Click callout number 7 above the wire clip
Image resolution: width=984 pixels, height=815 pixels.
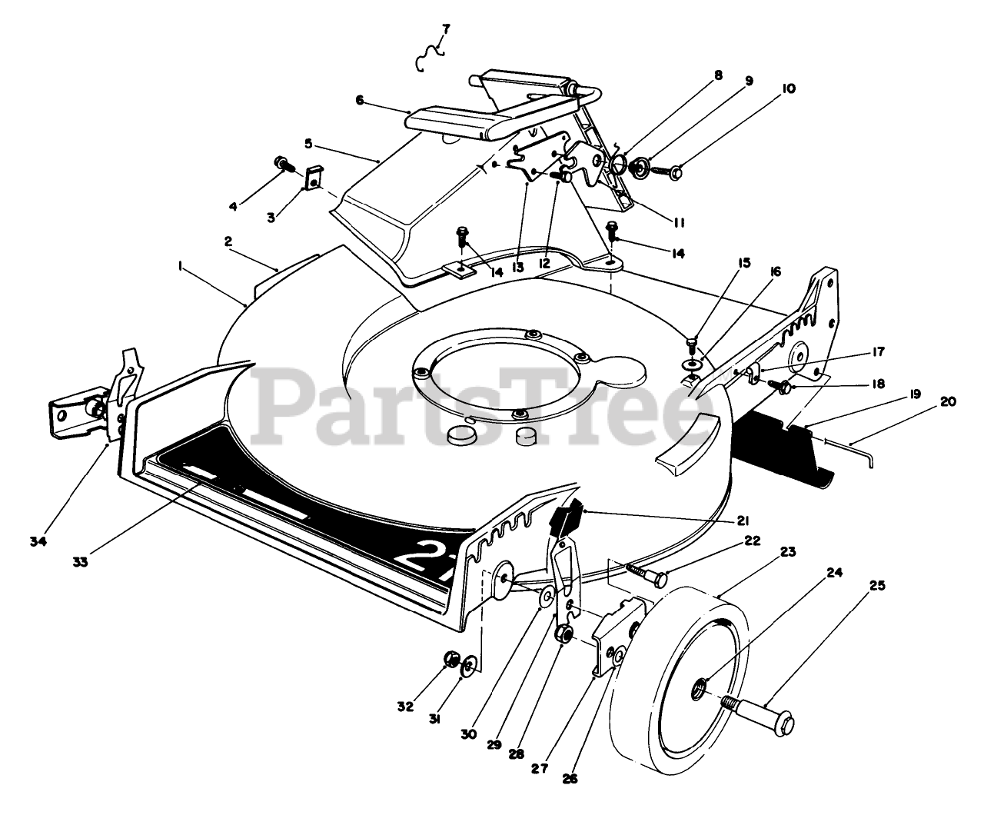445,29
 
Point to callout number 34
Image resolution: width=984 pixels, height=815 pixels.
38,541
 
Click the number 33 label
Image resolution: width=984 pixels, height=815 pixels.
80,561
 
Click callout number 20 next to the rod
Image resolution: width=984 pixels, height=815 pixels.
948,401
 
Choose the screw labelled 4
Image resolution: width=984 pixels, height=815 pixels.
282,163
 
